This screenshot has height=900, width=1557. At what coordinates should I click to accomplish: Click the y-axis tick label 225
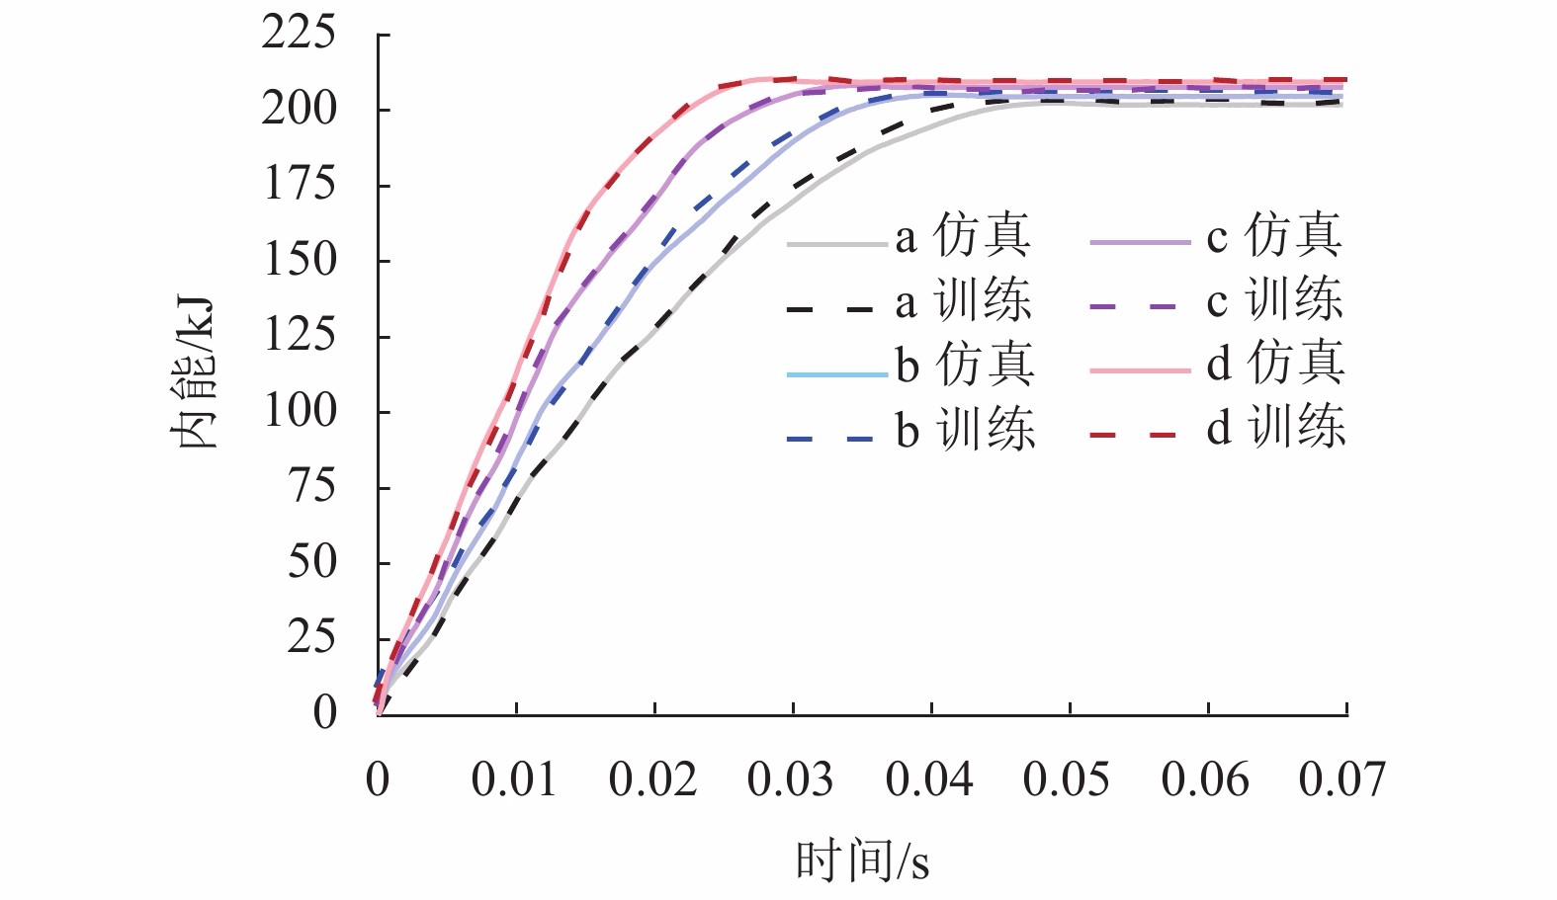(x=299, y=35)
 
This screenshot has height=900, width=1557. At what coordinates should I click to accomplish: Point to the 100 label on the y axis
(x=299, y=411)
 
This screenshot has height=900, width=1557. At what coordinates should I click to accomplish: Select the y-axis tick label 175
(x=299, y=185)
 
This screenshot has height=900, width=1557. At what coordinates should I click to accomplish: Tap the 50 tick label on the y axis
(x=311, y=562)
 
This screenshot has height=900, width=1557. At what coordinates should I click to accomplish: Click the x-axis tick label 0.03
(x=791, y=779)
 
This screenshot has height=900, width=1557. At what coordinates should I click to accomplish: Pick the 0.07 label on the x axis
(x=1342, y=779)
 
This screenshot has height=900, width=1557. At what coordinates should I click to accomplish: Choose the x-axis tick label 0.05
(x=1067, y=779)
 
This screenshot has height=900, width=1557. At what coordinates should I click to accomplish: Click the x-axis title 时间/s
(x=862, y=861)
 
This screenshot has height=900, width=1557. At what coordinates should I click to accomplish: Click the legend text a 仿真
(x=963, y=237)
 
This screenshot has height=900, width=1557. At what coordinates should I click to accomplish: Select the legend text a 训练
(x=963, y=301)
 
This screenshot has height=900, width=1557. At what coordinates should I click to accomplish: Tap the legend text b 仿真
(x=965, y=366)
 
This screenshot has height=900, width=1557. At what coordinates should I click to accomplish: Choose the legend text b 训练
(x=965, y=431)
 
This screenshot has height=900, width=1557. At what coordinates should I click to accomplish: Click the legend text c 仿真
(x=1274, y=237)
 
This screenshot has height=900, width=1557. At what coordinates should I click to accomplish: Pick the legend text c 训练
(x=1274, y=301)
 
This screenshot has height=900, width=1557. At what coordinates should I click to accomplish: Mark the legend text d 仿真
(x=1275, y=366)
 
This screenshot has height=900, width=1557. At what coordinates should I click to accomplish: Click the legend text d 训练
(x=1275, y=430)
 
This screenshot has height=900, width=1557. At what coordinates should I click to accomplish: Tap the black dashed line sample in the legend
(x=830, y=309)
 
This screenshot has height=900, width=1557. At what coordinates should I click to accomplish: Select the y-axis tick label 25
(x=311, y=637)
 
